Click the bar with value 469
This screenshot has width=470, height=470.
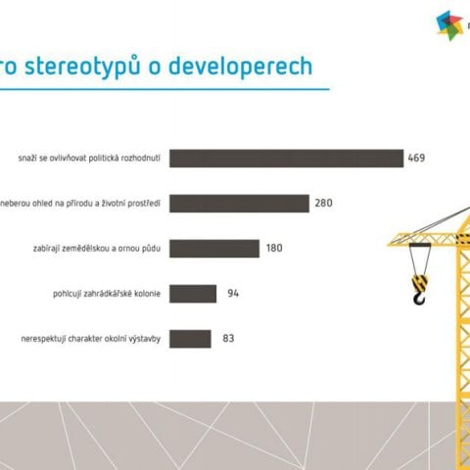286,159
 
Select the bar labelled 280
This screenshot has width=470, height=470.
239,204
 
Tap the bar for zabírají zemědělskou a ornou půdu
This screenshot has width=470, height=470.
214,249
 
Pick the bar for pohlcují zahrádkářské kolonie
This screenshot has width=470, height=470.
193,294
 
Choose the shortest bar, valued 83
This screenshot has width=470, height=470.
190,339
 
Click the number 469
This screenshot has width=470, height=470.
416,158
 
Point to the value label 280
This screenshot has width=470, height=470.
323,203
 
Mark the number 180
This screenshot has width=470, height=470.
274,248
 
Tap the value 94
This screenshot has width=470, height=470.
233,293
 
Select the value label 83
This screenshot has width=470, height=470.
228,338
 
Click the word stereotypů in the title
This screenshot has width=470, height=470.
82,67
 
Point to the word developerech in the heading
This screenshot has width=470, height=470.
240,66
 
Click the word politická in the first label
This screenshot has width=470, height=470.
104,158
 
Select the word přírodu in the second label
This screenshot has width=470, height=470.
80,204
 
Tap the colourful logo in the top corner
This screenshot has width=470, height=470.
450,25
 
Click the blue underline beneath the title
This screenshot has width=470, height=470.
164,89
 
